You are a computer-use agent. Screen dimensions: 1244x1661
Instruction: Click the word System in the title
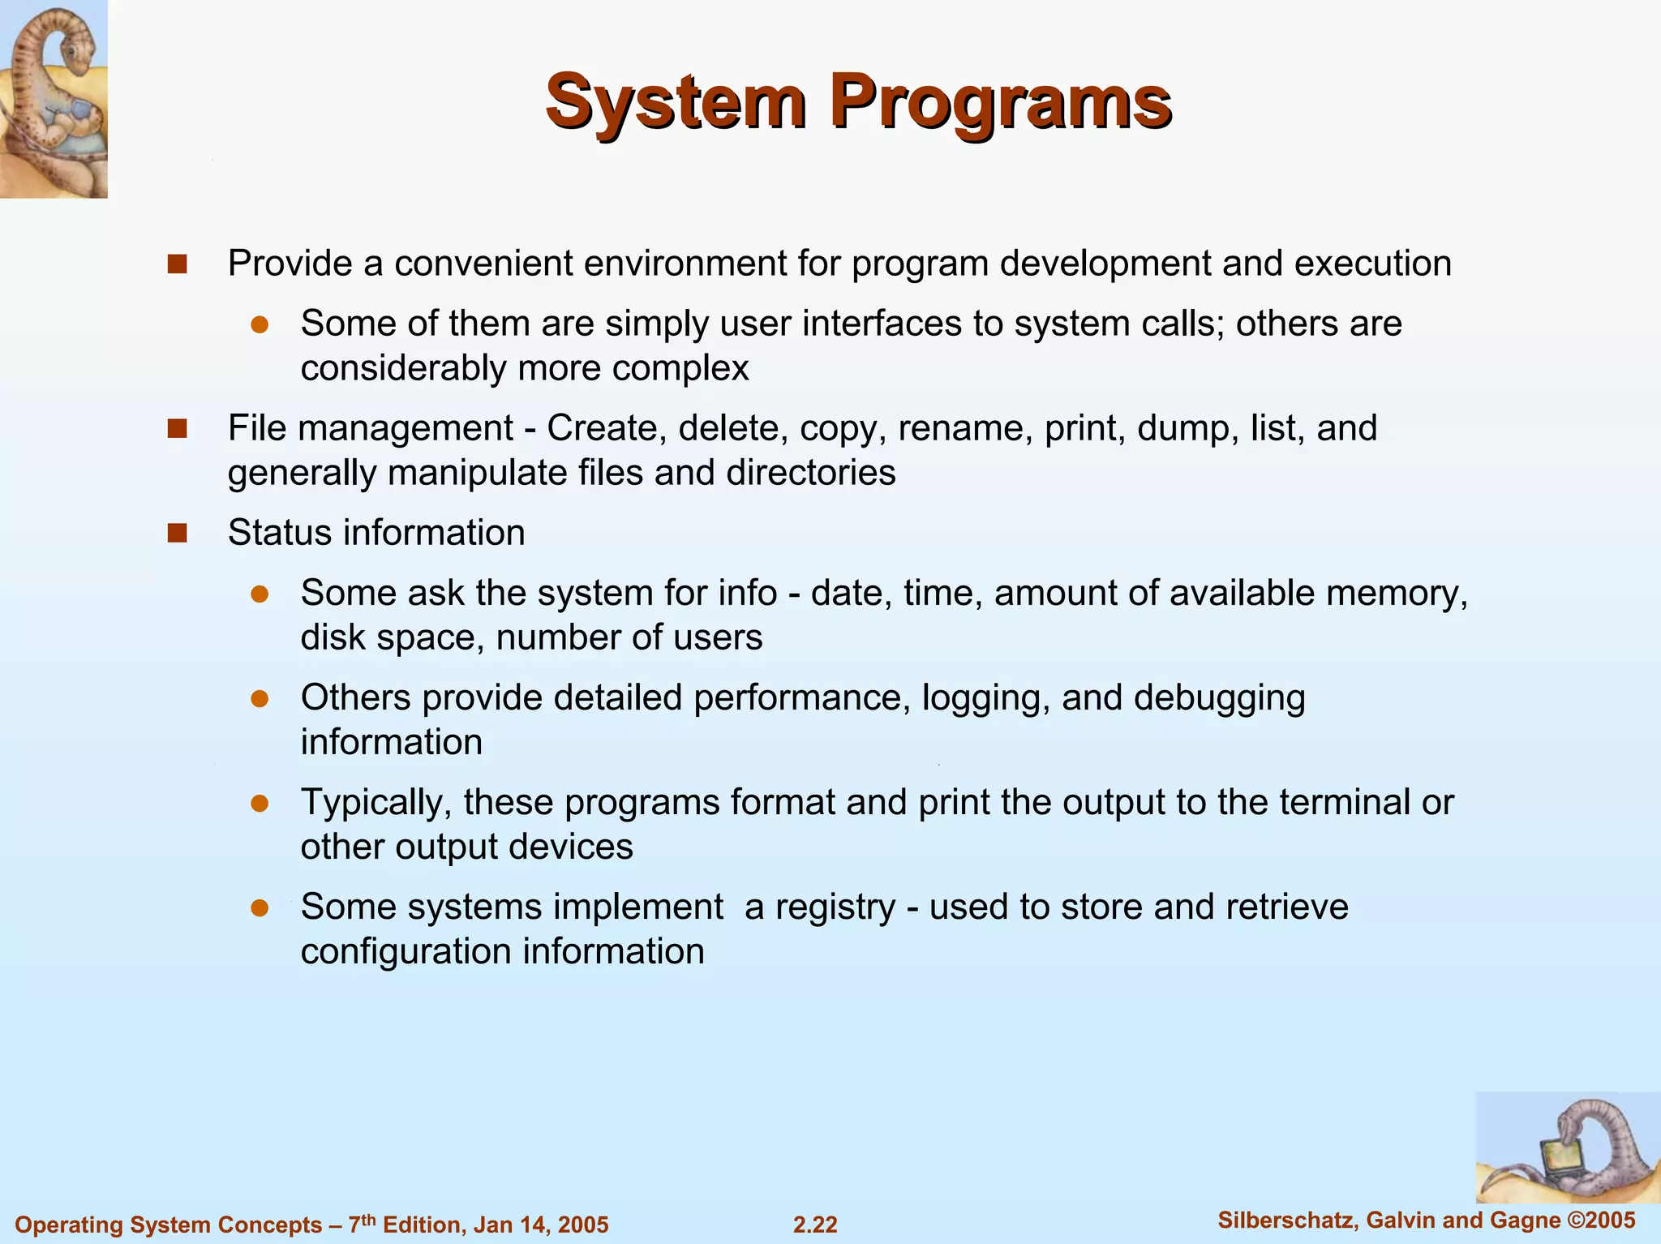click(676, 102)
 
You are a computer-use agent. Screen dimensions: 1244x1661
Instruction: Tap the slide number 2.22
click(815, 1224)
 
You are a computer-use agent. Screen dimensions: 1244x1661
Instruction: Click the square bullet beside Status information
click(177, 533)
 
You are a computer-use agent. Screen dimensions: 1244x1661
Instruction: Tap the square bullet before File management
click(177, 428)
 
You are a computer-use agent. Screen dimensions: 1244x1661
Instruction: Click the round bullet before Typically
click(260, 803)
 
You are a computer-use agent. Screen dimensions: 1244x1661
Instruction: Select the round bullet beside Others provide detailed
click(260, 698)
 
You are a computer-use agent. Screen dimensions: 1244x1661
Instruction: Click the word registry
click(835, 907)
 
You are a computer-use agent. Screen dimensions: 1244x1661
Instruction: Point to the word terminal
click(1345, 802)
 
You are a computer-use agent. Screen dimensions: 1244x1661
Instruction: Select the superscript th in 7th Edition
click(368, 1216)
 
